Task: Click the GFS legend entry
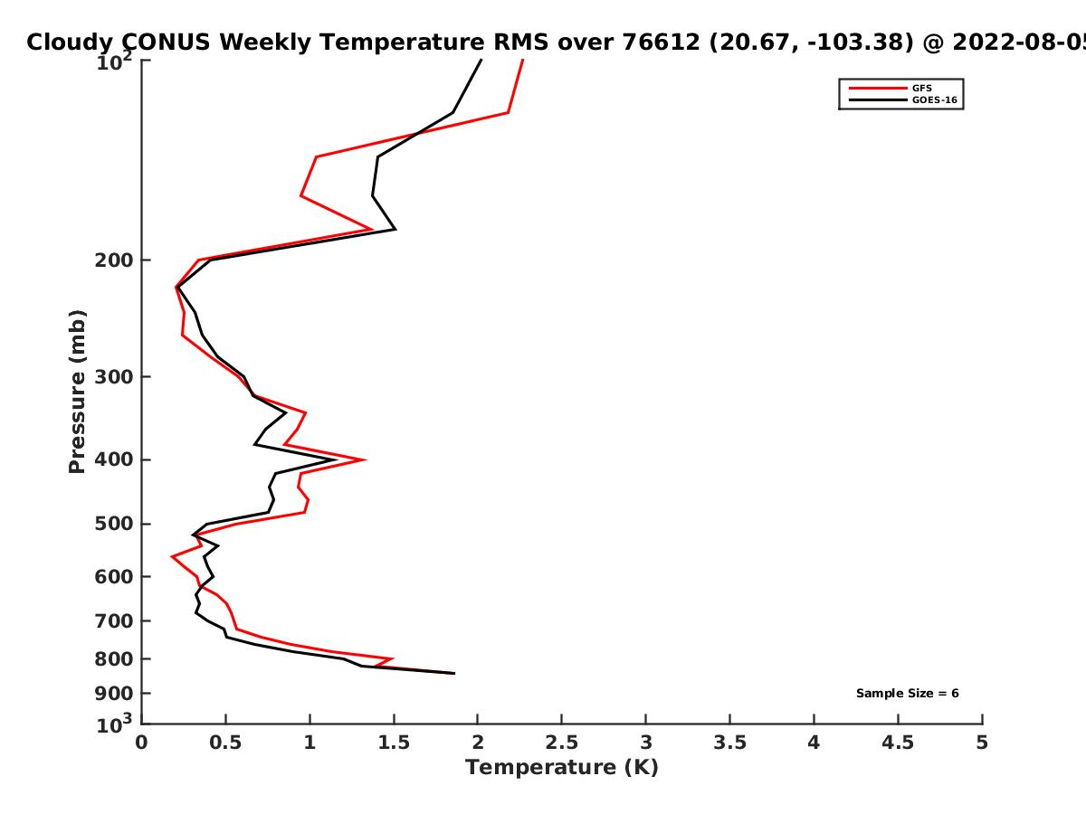tap(921, 88)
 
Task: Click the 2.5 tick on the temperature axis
tap(561, 743)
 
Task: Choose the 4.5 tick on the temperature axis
tap(898, 743)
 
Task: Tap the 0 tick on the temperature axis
tap(142, 743)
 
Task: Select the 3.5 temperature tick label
tap(729, 743)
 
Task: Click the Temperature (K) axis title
tap(561, 768)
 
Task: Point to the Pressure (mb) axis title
tap(77, 391)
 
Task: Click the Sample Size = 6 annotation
tap(907, 694)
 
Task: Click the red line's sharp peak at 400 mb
tap(364, 459)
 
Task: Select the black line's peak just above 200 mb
tap(395, 230)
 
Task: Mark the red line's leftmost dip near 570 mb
tap(172, 556)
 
